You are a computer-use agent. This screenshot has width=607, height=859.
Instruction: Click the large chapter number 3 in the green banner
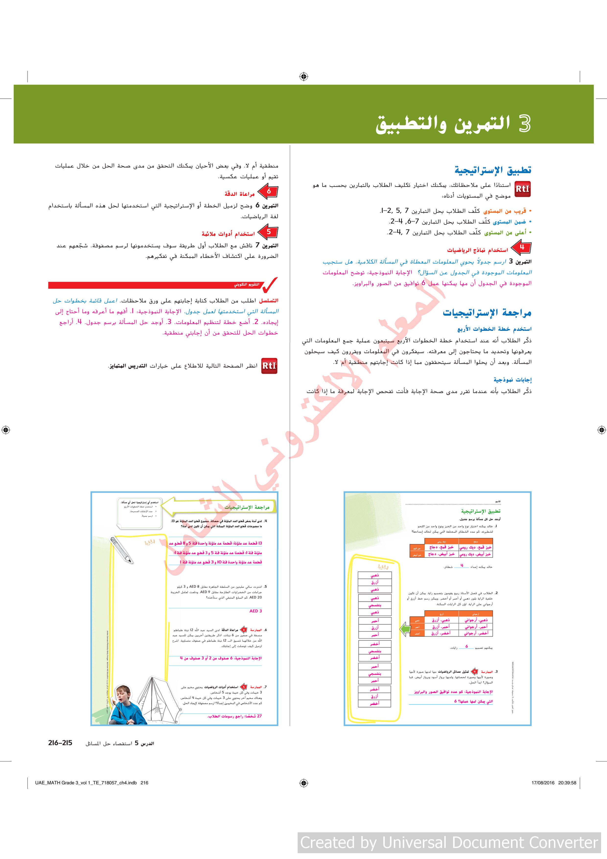click(524, 124)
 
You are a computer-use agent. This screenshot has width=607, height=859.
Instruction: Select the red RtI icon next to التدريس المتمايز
click(269, 366)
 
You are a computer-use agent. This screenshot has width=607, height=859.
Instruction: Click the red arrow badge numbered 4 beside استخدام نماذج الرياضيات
click(521, 247)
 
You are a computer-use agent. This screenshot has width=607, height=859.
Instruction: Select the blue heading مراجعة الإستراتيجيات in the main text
click(487, 312)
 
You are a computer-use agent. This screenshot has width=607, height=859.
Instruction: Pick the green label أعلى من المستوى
click(505, 233)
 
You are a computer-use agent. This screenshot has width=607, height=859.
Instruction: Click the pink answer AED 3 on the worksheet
click(256, 611)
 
